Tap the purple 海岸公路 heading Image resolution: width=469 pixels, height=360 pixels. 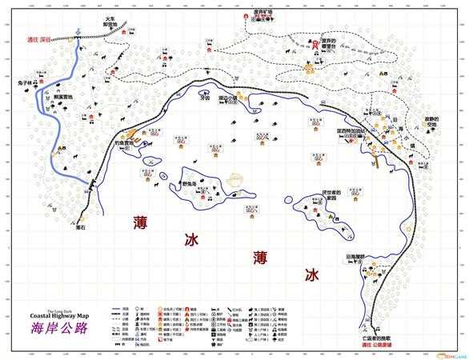(x=59, y=329)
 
